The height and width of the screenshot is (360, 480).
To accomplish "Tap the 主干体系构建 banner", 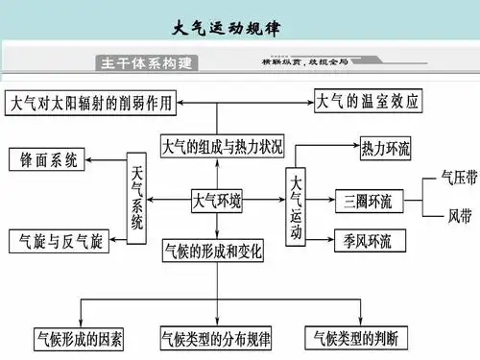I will (147, 63).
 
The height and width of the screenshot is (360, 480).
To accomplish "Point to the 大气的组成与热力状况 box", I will (223, 148).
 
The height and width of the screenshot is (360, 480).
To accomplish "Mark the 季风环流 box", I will (362, 238).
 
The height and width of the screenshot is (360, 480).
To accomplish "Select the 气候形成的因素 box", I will (80, 339).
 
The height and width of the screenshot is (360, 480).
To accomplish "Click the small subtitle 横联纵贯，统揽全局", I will (304, 61).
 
